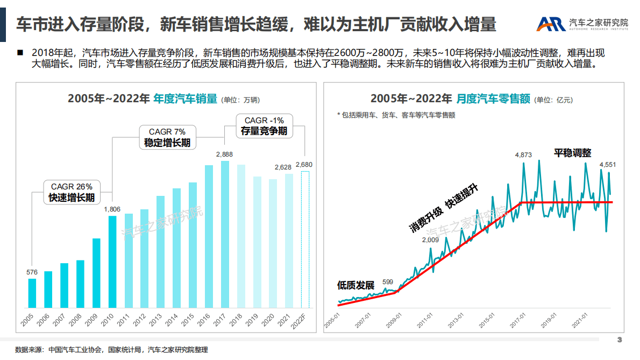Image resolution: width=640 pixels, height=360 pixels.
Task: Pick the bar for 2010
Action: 112,264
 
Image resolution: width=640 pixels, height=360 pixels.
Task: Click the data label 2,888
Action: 224,154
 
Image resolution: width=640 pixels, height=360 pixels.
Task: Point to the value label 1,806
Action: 112,209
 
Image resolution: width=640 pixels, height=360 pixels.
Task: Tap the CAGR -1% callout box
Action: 264,125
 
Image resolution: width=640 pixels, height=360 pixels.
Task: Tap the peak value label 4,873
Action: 523,155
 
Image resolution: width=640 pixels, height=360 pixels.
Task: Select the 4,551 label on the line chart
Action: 608,165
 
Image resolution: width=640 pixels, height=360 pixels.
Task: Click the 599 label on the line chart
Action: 388,281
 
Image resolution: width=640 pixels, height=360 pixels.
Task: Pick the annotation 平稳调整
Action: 573,153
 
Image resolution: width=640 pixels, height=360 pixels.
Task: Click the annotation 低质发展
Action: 355,285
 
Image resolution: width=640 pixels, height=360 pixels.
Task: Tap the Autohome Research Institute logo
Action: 582,23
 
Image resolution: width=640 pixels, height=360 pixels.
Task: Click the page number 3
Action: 619,340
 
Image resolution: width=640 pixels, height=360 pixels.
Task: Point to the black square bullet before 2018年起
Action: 20,53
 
